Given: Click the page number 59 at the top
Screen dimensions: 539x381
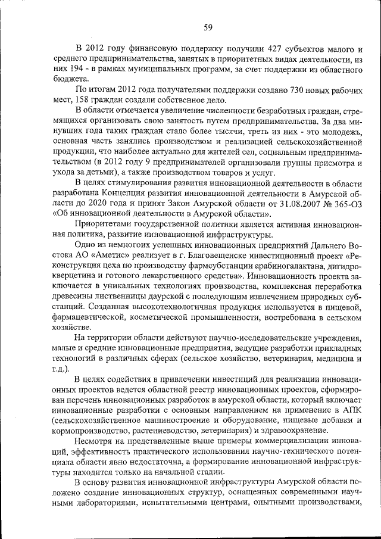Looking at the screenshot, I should [x=208, y=26].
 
